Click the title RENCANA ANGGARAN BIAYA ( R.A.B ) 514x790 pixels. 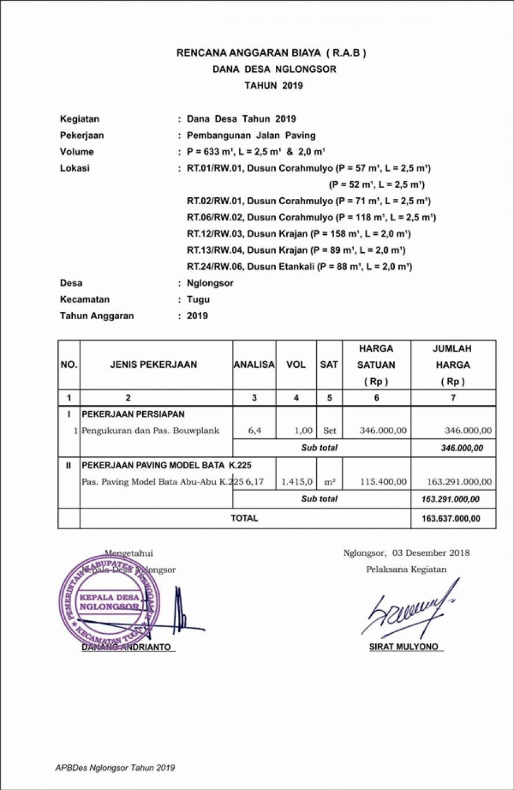click(x=271, y=53)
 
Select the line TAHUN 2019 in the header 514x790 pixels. click(x=273, y=86)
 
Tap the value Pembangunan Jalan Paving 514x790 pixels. click(x=251, y=135)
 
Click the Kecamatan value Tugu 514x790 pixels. click(x=198, y=300)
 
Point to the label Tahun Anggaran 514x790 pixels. click(x=97, y=316)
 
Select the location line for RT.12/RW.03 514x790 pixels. click(x=298, y=234)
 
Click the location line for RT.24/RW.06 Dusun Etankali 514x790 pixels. click(x=299, y=267)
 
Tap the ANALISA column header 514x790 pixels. click(x=254, y=364)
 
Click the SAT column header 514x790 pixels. click(x=329, y=364)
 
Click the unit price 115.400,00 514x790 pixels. click(x=383, y=481)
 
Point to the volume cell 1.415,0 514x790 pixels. click(x=297, y=481)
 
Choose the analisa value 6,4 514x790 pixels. click(x=254, y=431)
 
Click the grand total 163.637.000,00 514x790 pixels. click(x=451, y=519)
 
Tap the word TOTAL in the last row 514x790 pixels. click(x=245, y=518)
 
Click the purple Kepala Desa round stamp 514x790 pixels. click(x=106, y=601)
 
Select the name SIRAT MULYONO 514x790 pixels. click(x=404, y=647)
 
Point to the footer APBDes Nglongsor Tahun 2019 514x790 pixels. click(x=115, y=768)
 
